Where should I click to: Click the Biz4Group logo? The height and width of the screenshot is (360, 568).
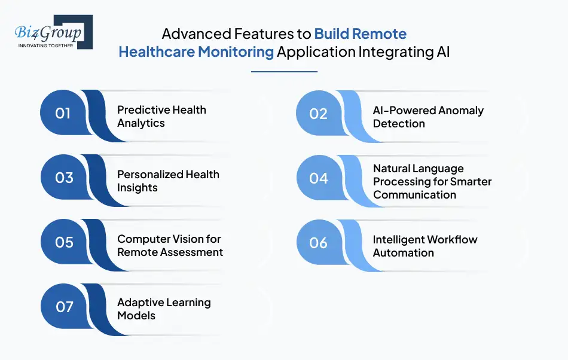point(53,31)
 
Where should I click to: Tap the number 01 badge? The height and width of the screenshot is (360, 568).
point(63,113)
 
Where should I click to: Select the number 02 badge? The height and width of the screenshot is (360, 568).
point(319,113)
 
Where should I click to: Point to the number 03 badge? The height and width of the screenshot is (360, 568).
point(63,178)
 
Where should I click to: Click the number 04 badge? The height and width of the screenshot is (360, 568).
point(319,178)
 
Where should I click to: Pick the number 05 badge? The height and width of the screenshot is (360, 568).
point(63,242)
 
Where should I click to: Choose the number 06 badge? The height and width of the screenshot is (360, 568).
point(319,242)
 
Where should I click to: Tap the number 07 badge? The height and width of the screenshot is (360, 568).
point(63,307)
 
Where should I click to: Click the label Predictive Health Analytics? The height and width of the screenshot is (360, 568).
point(161,117)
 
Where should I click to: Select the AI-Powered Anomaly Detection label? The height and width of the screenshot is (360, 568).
point(428,117)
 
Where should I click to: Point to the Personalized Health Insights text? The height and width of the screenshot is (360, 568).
point(168,181)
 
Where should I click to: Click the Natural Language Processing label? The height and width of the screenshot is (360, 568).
point(432,181)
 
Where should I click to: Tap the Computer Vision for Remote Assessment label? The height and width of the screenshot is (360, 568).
point(170,245)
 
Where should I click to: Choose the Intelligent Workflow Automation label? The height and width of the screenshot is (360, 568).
point(425,246)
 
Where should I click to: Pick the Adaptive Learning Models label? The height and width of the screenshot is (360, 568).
point(164,309)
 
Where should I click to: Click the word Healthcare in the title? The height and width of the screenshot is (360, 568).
point(157,52)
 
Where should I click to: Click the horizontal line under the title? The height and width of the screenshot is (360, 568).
point(284,72)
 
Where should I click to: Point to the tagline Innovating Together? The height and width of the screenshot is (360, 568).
point(46,45)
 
